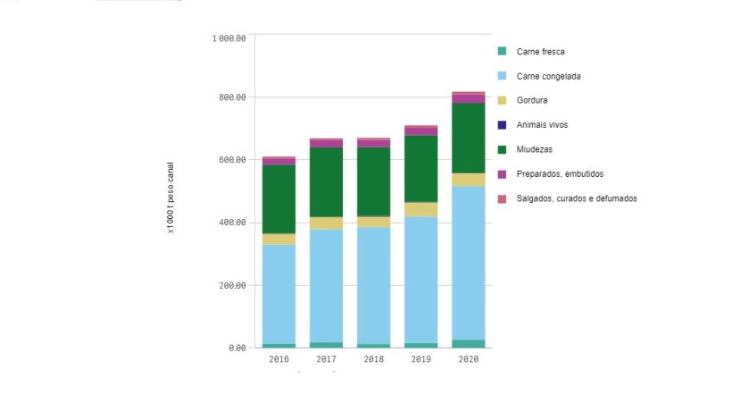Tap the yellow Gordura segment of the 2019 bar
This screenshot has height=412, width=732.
coord(420,209)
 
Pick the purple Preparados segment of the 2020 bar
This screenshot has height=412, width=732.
coord(468,98)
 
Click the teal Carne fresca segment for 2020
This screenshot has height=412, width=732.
coord(468,343)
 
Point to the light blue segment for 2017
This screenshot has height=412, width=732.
coord(326,286)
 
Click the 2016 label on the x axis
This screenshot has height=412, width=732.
coord(279,359)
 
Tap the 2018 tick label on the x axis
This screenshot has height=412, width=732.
coord(373,359)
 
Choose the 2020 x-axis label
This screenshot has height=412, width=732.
coord(468,359)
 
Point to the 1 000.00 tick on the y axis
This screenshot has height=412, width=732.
coord(229,38)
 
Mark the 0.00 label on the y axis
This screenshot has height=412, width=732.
coord(236,348)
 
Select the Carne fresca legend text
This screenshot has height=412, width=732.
coord(540,52)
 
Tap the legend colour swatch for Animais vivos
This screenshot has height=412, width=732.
coord(503,125)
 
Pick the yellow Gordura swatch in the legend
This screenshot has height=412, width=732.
coord(503,100)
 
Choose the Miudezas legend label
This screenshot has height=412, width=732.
coord(535,149)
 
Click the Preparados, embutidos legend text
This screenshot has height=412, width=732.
coord(560,173)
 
